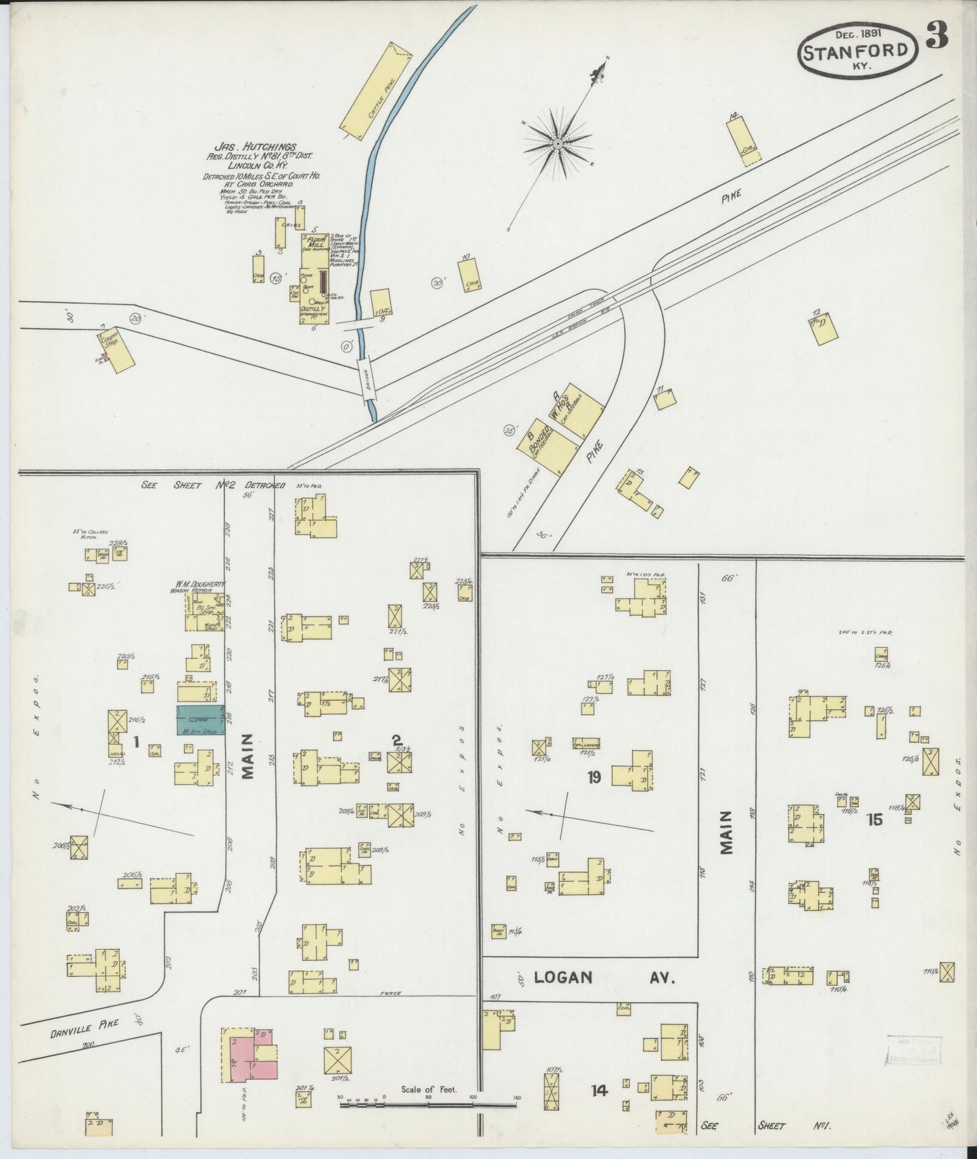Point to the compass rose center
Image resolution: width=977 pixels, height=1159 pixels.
click(558, 144)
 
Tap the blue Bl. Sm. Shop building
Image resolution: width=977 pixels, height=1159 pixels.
click(201, 720)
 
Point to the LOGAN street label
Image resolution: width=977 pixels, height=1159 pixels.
click(563, 977)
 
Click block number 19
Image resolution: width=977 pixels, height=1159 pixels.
click(594, 778)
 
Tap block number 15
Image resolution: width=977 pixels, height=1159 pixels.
click(874, 820)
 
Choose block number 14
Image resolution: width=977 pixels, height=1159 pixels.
click(598, 1090)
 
